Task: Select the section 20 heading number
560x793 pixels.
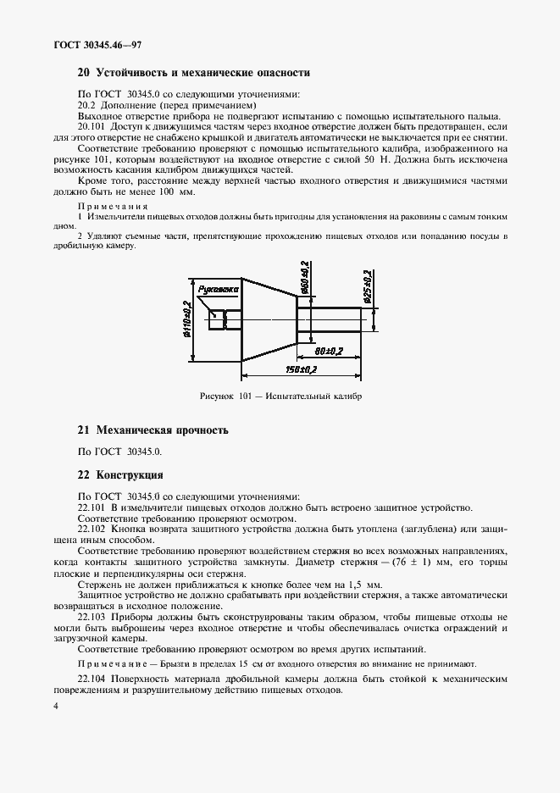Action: (83, 74)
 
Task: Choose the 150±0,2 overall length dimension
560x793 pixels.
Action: (301, 369)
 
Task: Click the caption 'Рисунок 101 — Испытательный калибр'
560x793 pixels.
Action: (280, 396)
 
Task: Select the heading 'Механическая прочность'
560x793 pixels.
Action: (163, 430)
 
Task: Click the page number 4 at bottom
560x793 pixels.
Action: (55, 706)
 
